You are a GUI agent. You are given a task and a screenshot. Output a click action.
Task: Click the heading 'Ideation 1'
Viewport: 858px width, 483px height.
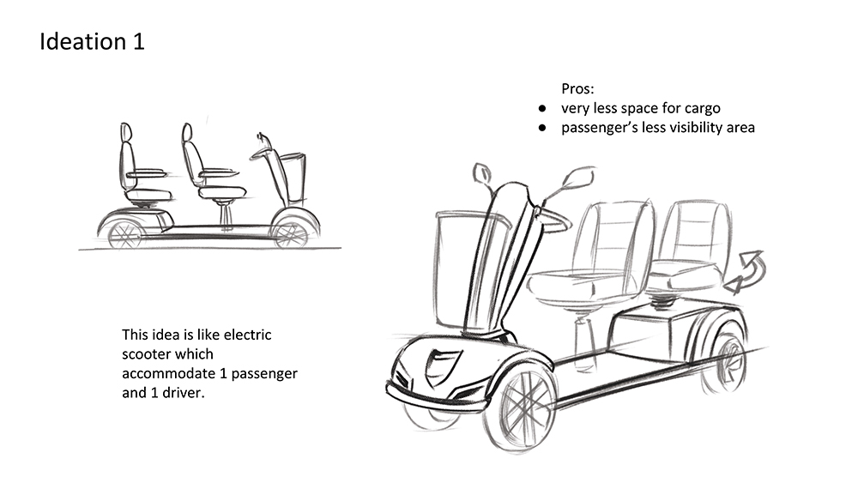(x=92, y=41)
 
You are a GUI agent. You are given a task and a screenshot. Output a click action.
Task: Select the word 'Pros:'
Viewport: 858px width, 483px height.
(x=577, y=88)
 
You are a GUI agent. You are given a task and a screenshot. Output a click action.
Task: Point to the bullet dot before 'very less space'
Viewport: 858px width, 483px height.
(x=542, y=109)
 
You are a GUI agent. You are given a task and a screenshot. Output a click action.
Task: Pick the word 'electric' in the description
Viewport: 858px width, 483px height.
(x=248, y=335)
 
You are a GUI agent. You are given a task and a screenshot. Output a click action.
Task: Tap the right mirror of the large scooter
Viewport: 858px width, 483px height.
(x=577, y=177)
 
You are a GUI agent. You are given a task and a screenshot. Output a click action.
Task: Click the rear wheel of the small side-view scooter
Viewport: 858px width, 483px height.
(x=126, y=234)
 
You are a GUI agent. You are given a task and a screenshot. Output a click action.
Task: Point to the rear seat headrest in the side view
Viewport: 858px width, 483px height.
(x=126, y=132)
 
